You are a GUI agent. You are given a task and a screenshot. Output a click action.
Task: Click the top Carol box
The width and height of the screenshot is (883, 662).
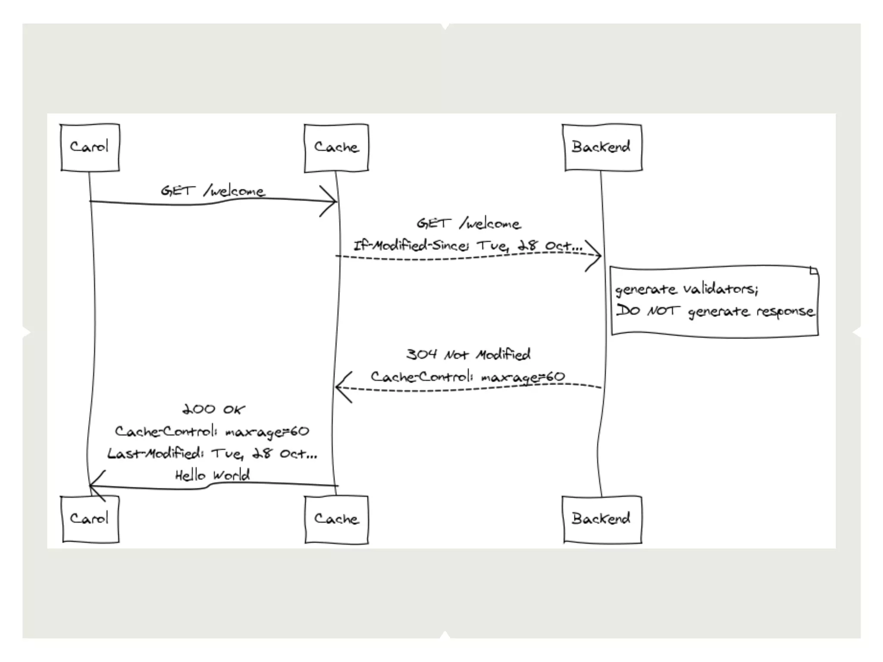(90, 147)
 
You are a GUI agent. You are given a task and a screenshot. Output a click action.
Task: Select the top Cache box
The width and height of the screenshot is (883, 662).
(336, 147)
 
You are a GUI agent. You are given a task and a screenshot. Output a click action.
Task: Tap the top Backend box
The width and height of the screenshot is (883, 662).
(602, 147)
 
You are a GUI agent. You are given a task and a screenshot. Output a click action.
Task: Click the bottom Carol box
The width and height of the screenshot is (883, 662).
(90, 518)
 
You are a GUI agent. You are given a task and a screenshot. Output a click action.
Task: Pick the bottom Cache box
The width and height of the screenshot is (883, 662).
(336, 519)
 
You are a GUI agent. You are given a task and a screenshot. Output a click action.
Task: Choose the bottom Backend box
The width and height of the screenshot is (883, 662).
(602, 518)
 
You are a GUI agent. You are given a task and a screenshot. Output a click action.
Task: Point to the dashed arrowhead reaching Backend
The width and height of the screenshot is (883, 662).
(598, 256)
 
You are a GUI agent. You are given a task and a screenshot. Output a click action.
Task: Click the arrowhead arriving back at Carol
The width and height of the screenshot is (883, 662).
(92, 486)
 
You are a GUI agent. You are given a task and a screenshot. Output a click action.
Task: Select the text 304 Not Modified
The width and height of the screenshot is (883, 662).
(468, 354)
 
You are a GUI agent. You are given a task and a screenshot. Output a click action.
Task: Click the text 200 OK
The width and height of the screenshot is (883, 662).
(213, 409)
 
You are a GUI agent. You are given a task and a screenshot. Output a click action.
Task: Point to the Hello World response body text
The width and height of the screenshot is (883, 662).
(213, 475)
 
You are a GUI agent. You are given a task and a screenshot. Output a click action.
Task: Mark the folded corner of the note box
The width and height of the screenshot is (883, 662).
(814, 271)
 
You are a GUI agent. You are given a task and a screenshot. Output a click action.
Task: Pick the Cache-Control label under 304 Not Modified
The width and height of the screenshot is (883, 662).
(468, 377)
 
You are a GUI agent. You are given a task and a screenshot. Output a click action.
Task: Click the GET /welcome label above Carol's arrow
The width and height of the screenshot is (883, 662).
(213, 191)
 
